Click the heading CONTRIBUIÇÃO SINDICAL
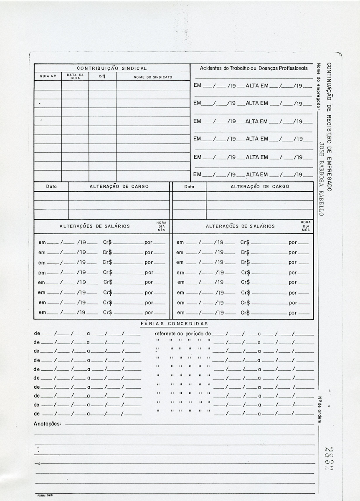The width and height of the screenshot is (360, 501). coord(112,68)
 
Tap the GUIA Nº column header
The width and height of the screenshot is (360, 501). coord(48,77)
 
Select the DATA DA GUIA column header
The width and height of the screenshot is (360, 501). coord(75,76)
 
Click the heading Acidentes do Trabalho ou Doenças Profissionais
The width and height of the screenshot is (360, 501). coord(254,68)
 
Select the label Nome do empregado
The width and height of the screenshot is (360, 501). coord(318,86)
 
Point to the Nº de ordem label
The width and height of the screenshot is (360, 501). coord(319,410)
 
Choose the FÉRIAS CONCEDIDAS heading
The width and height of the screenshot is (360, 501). coord(174,324)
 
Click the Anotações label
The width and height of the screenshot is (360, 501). coord(47,424)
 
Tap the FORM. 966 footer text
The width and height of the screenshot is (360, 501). coord(44,495)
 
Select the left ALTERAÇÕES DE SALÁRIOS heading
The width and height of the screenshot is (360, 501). coord(94,226)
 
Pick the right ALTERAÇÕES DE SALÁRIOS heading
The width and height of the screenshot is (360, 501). coord(240,226)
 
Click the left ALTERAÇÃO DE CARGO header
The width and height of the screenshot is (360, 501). coord(119,187)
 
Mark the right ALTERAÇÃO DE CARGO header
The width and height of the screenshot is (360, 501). coord(260,187)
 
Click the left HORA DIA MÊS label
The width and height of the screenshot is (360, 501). coord(162,226)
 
